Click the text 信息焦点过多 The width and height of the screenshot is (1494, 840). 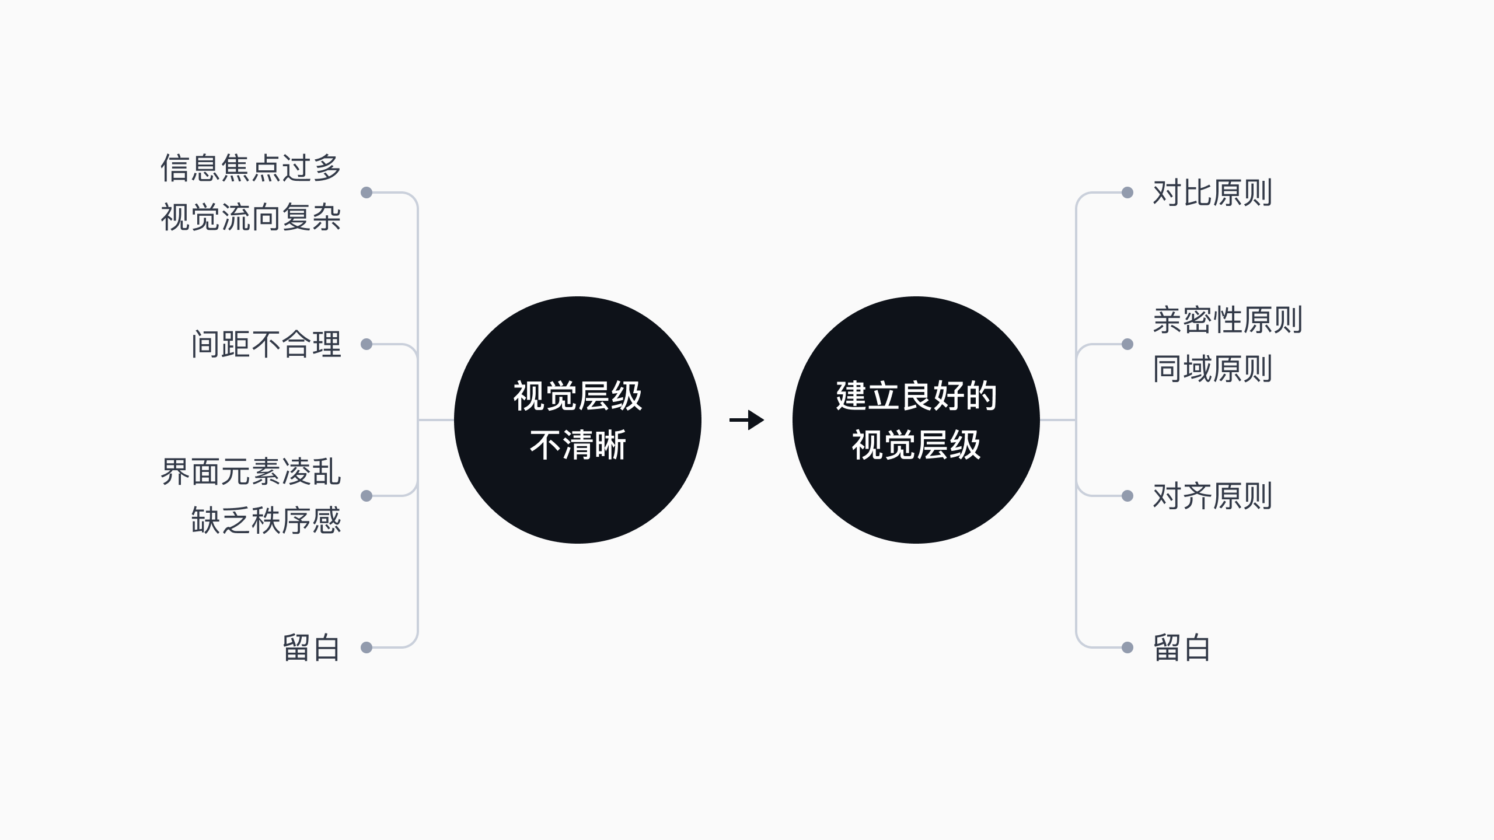pos(251,169)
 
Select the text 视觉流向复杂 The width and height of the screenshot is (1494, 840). pos(251,218)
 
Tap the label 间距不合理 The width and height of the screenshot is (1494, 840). pos(266,344)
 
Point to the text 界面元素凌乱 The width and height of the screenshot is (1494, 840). pos(251,472)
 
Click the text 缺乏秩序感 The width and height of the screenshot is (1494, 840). pos(266,520)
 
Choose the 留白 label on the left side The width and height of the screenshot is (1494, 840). pos(312,648)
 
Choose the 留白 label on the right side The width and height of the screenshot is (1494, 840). pos(1182,648)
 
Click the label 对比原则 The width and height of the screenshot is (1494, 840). pos(1213,193)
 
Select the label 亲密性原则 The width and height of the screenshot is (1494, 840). pos(1228,320)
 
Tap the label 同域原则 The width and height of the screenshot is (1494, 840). pos(1213,369)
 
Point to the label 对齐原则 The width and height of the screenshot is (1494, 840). pos(1213,496)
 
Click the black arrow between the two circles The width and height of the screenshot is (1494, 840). pos(747,420)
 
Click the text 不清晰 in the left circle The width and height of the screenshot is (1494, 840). pos(578,445)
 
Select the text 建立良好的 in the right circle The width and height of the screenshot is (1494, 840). pos(916,396)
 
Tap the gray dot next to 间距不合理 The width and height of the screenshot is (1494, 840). pos(366,344)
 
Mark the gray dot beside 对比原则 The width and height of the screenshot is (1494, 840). pos(1128,192)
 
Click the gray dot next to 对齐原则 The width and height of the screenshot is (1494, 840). pos(1128,496)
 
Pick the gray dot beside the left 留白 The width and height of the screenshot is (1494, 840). pos(366,647)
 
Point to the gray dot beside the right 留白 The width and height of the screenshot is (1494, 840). pos(1128,647)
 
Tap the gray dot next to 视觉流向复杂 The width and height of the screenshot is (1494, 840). pos(366,192)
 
